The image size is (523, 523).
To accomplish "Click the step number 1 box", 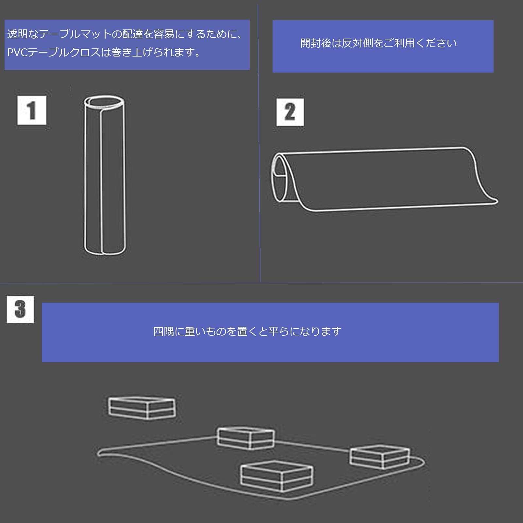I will tap(32, 110).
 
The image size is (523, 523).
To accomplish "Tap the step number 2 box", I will tap(290, 112).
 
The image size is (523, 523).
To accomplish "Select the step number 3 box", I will tap(20, 309).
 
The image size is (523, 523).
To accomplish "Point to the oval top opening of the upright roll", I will tap(104, 102).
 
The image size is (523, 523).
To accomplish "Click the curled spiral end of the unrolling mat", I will tap(280, 178).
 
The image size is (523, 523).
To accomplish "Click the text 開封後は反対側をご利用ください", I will tap(378, 43).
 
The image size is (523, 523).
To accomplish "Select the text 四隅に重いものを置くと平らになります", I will tap(247, 331).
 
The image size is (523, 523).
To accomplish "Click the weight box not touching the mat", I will tap(142, 408).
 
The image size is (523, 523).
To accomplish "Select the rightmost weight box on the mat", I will tap(380, 456).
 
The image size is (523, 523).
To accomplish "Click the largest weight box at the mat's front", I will tap(277, 476).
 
